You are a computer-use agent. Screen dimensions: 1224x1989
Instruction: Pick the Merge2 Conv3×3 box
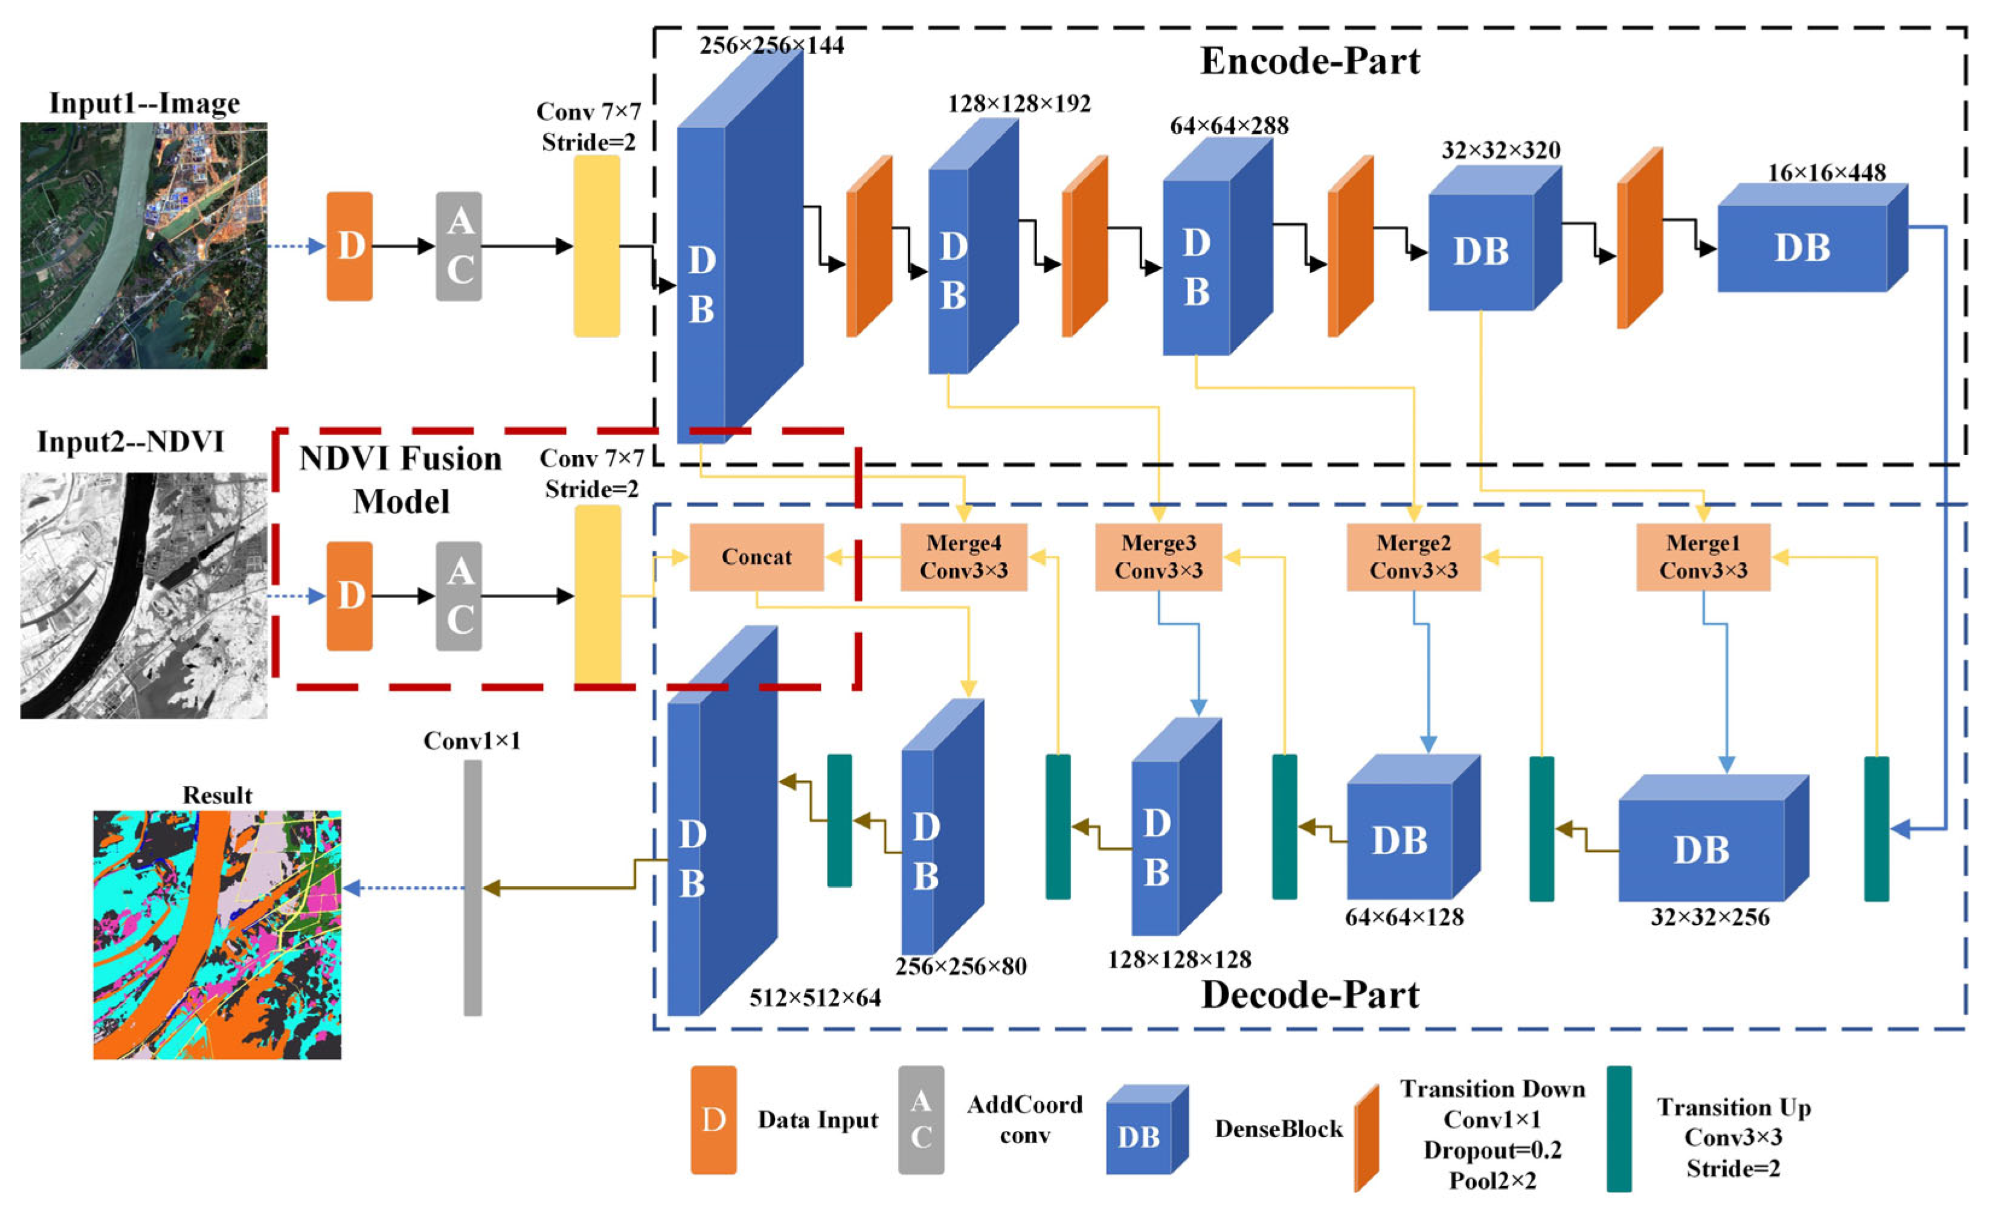click(1413, 557)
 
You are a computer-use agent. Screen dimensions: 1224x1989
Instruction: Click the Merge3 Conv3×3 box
click(1158, 557)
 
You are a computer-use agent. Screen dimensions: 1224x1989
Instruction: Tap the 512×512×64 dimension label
click(814, 998)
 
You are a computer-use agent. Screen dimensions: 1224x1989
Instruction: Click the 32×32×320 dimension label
click(1500, 150)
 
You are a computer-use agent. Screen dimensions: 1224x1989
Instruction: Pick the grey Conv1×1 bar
click(472, 887)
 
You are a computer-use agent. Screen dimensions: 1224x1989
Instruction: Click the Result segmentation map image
click(217, 935)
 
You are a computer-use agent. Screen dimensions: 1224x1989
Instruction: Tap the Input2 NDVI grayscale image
click(143, 595)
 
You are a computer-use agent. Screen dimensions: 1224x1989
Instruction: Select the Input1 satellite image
click(143, 245)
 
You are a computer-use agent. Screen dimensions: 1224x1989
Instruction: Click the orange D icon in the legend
click(713, 1119)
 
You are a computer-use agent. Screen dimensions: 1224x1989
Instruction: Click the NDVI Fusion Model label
click(400, 480)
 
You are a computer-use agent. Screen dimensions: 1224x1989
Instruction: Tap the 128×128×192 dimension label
click(1019, 104)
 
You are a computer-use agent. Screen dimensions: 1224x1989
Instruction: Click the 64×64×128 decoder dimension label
click(1404, 917)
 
